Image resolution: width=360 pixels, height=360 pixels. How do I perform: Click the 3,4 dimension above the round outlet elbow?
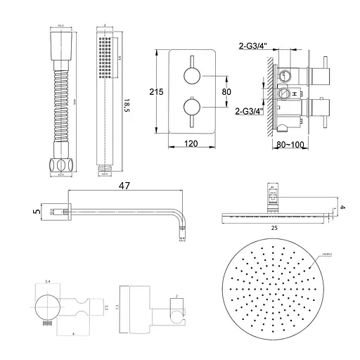(x=48, y=282)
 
